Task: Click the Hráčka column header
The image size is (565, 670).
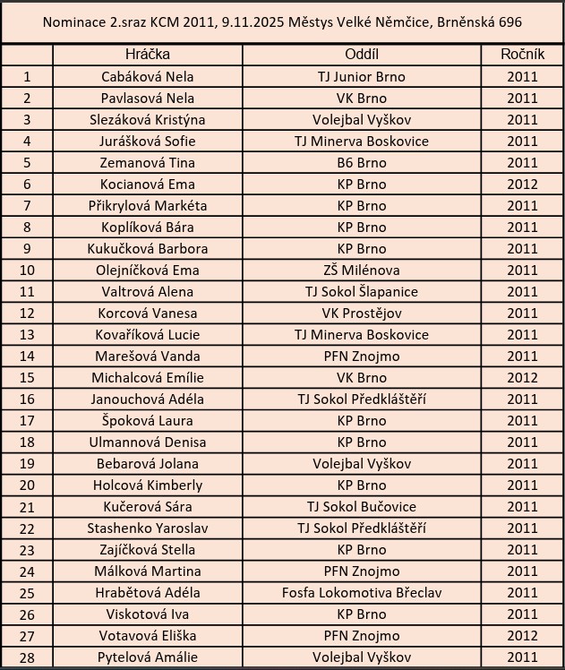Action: coord(148,55)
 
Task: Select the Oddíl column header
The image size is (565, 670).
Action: coord(361,55)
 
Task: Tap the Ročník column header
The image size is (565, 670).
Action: coord(522,55)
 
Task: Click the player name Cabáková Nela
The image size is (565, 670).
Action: coord(148,77)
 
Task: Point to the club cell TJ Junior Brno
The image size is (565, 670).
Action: coord(361,77)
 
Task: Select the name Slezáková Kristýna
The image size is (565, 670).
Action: coord(148,120)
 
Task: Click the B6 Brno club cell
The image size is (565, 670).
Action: coord(361,163)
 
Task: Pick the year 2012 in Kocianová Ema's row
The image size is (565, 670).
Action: coord(522,185)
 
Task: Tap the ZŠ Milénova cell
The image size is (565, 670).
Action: coord(361,271)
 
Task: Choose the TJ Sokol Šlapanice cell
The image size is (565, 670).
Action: coord(361,292)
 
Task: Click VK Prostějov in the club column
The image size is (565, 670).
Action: coord(361,314)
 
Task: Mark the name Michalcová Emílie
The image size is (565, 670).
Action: coord(148,378)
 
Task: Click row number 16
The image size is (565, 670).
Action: coord(27,399)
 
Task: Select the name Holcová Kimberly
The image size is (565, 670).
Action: coord(148,485)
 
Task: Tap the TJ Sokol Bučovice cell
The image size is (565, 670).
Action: coord(361,507)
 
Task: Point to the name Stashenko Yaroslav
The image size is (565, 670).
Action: coord(148,528)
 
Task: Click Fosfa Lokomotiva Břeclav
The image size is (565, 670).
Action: coord(361,593)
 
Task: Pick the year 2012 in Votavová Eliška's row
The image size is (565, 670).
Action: coord(522,636)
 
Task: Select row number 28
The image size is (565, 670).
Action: coord(27,657)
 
